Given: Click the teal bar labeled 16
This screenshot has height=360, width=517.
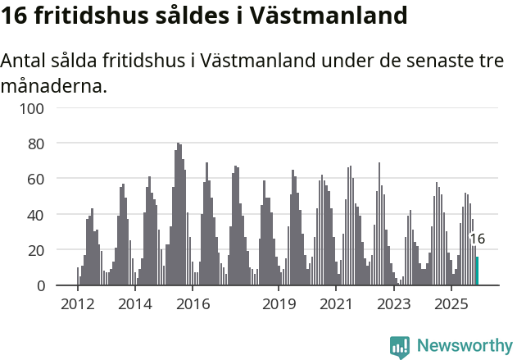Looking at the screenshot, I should point(477,271).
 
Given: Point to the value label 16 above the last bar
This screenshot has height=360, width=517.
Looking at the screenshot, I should point(477,239).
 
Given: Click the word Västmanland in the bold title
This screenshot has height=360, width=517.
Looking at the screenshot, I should point(333,16).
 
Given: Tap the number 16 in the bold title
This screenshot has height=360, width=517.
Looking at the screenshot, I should point(16,16).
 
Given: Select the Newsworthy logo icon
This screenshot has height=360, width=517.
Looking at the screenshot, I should point(400,347).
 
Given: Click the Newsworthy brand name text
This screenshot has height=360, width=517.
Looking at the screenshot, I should point(464,346).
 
